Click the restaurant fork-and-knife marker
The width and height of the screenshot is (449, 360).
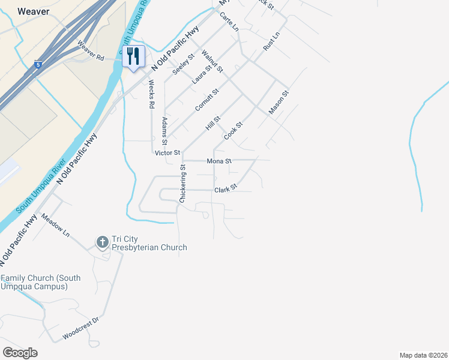[x=133, y=57]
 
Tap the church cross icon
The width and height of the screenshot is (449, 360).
[x=102, y=242]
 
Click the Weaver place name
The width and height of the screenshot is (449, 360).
[x=32, y=11]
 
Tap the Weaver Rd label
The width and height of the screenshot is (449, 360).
[x=91, y=50]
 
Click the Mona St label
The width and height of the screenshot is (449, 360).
[x=218, y=161]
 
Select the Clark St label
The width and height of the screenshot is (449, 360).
[x=226, y=190]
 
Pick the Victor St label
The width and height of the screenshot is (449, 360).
[x=167, y=153]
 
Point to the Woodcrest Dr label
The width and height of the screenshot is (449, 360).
[x=80, y=328]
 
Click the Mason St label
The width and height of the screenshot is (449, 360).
[x=279, y=103]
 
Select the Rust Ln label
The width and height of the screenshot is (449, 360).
[x=271, y=41]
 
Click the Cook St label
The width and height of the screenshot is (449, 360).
[x=233, y=131]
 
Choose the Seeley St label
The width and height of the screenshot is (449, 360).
[x=183, y=64]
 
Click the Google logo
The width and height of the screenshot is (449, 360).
[x=19, y=353]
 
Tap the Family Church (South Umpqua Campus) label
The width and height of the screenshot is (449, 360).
[x=40, y=282]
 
